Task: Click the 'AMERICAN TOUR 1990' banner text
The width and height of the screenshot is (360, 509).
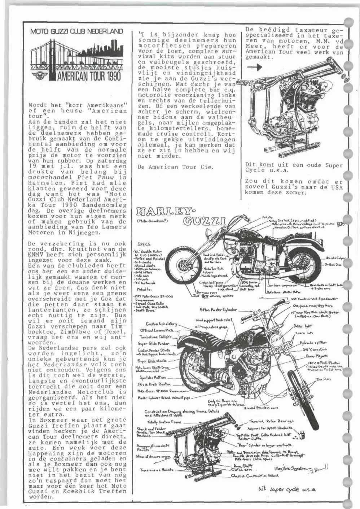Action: (x=89, y=76)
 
